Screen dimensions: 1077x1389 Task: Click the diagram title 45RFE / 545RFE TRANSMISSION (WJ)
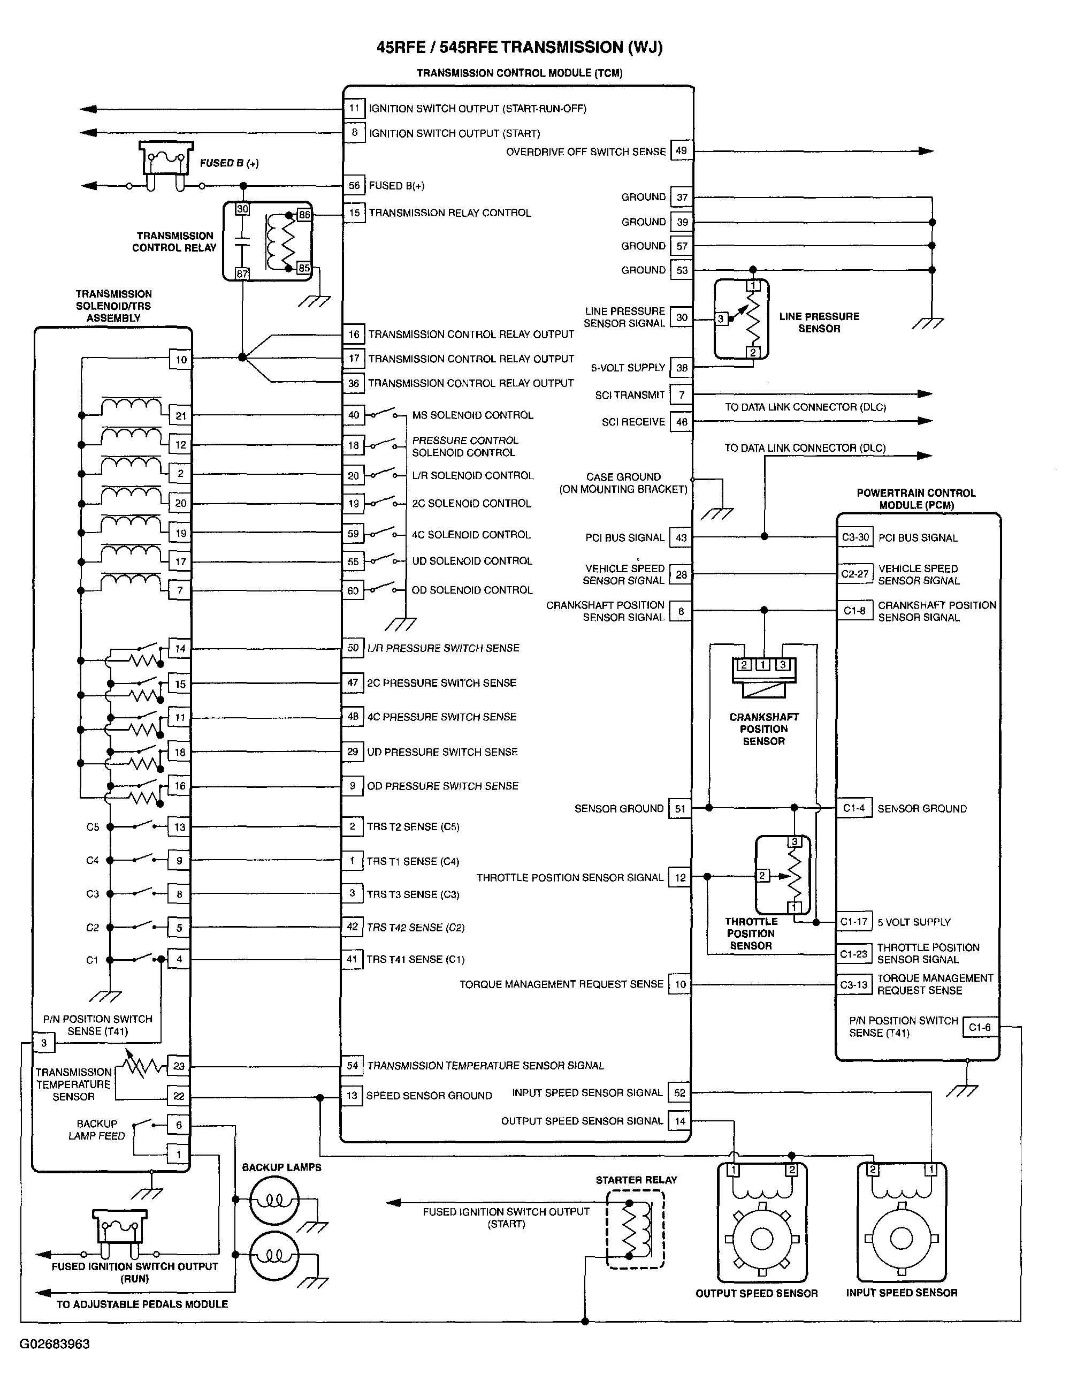click(520, 47)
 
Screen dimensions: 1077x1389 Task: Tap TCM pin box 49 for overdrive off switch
click(681, 151)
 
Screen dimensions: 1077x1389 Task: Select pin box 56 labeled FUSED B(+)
click(354, 186)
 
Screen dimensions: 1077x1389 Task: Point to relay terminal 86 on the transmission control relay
click(304, 215)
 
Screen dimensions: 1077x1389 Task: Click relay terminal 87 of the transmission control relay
click(242, 274)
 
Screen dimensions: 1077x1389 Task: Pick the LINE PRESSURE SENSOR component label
click(819, 322)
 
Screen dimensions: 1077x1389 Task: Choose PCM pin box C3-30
click(855, 537)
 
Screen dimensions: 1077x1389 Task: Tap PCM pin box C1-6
click(980, 1027)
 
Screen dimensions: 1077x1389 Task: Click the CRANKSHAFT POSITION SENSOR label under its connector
click(763, 729)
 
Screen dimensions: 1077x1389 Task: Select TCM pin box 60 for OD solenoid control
click(353, 591)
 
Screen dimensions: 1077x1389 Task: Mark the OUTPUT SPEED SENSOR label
click(757, 1293)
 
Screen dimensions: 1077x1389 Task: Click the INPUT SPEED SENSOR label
click(902, 1292)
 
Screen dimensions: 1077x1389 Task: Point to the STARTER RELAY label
click(637, 1180)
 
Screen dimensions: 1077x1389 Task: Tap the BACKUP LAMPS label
click(281, 1167)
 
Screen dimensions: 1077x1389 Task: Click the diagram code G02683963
click(55, 1344)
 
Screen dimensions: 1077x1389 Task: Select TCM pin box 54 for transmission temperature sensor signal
click(352, 1065)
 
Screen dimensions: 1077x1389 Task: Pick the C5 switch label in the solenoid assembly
click(93, 828)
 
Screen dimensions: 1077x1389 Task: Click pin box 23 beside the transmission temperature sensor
click(179, 1066)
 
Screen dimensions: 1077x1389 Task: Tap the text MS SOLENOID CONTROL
click(472, 415)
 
